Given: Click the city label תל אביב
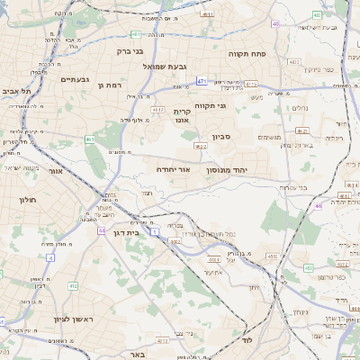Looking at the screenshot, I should click(x=17, y=91).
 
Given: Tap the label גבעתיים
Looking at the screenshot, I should click(x=75, y=79).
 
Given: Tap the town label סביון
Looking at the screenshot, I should click(x=220, y=138).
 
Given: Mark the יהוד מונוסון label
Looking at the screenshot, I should click(x=238, y=168).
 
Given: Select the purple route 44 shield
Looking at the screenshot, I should click(x=102, y=230).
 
